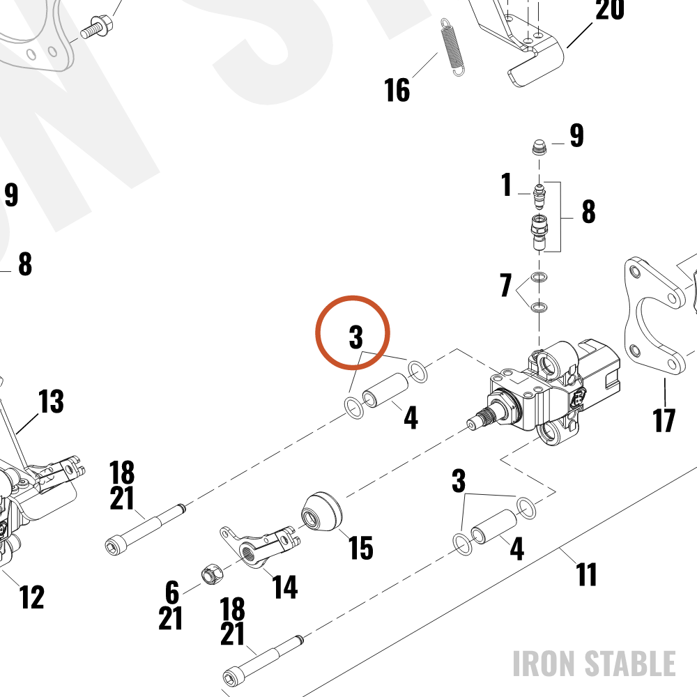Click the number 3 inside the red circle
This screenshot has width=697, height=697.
click(355, 337)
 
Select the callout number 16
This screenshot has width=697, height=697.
click(397, 90)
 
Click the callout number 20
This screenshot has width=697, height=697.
click(609, 10)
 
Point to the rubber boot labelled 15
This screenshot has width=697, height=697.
click(322, 512)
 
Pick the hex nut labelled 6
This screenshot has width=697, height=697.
click(213, 574)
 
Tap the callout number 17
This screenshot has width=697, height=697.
click(664, 420)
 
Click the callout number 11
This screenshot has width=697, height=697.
click(586, 574)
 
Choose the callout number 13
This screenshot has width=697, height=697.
click(51, 401)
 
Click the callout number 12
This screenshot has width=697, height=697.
click(32, 597)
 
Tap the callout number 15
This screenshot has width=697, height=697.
click(360, 548)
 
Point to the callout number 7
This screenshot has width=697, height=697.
click(506, 285)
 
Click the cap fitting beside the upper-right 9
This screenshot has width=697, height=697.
click(539, 147)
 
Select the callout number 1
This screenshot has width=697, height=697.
click(506, 185)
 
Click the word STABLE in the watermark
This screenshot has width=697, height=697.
click(630, 664)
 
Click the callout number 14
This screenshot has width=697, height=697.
click(284, 587)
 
